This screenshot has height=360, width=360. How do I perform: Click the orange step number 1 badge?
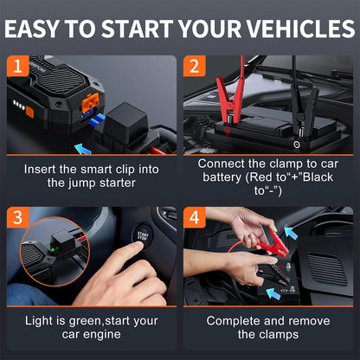click(17, 66)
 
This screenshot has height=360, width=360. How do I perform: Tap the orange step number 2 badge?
click(195, 66)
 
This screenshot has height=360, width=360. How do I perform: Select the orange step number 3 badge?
click(17, 217)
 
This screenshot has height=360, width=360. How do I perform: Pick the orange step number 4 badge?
click(195, 217)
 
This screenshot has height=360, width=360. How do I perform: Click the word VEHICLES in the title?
click(301, 29)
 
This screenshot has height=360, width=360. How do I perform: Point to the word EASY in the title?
click(31, 29)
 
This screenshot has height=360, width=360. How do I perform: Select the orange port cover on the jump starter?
click(90, 102)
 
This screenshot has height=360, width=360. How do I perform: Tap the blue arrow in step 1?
click(83, 149)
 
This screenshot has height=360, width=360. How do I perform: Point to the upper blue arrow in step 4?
click(291, 233)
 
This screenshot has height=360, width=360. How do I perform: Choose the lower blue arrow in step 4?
click(273, 293)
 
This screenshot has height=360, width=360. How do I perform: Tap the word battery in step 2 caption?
click(222, 177)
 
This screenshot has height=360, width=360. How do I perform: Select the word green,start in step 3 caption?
click(113, 321)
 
